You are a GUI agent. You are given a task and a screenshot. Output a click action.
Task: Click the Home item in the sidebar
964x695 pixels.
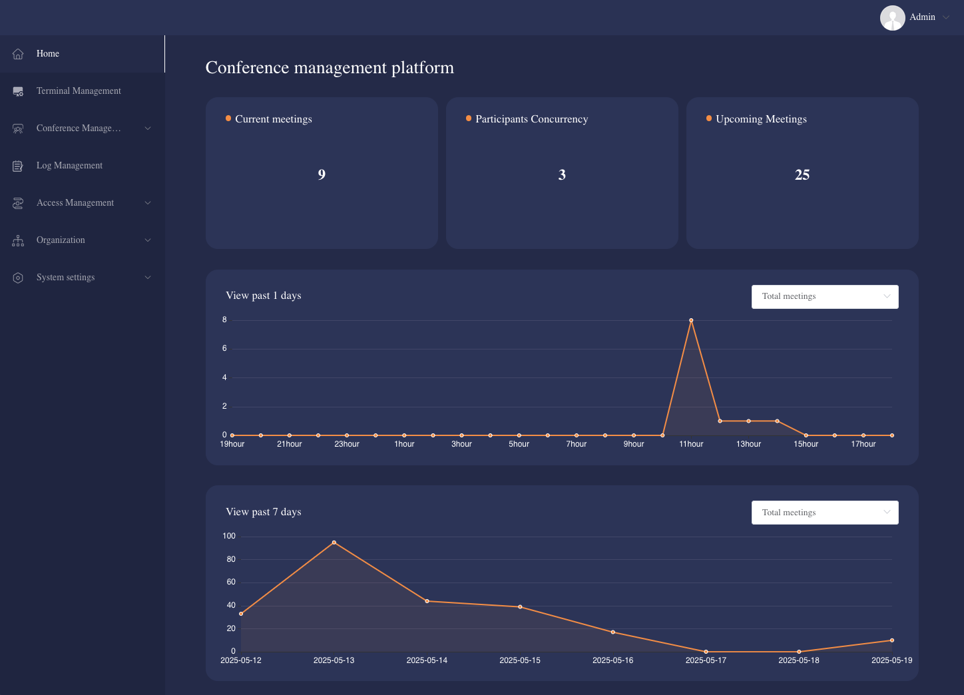click(48, 54)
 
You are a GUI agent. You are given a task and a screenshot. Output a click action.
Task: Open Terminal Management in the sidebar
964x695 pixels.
click(79, 91)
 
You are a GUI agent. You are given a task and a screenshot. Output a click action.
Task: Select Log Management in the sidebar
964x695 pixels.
click(69, 166)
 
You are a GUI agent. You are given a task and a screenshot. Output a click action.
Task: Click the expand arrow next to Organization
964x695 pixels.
click(148, 240)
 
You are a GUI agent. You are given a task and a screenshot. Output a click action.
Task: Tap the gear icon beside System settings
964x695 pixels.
click(18, 278)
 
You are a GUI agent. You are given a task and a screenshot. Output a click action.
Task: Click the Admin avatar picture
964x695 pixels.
click(892, 18)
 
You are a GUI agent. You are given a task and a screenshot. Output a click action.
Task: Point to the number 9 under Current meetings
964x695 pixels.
click(322, 175)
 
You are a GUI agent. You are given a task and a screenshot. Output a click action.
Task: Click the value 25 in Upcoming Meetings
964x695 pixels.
click(802, 175)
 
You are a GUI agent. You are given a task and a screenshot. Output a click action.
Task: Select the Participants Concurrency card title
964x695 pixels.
click(531, 119)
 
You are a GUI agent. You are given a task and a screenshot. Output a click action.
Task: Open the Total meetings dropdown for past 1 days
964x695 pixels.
click(824, 297)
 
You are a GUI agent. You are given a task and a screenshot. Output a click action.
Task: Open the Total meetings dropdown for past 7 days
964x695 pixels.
click(824, 513)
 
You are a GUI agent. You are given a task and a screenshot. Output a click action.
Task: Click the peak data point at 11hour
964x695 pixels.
click(691, 320)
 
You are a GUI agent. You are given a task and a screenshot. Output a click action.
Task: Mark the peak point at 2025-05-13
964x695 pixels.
click(334, 543)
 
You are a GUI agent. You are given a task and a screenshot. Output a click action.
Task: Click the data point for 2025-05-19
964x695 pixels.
click(891, 640)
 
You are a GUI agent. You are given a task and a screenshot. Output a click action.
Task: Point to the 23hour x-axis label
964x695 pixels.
click(346, 444)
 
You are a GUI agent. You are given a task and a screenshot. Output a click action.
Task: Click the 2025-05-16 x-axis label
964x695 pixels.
click(612, 660)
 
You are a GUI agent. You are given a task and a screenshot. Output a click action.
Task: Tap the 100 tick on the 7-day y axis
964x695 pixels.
click(229, 536)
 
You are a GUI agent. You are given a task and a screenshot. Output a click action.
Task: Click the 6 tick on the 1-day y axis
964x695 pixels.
click(224, 349)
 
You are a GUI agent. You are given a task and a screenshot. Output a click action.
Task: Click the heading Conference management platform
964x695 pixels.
click(330, 68)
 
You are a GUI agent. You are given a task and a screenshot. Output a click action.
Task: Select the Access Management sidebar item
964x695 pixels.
click(75, 203)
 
